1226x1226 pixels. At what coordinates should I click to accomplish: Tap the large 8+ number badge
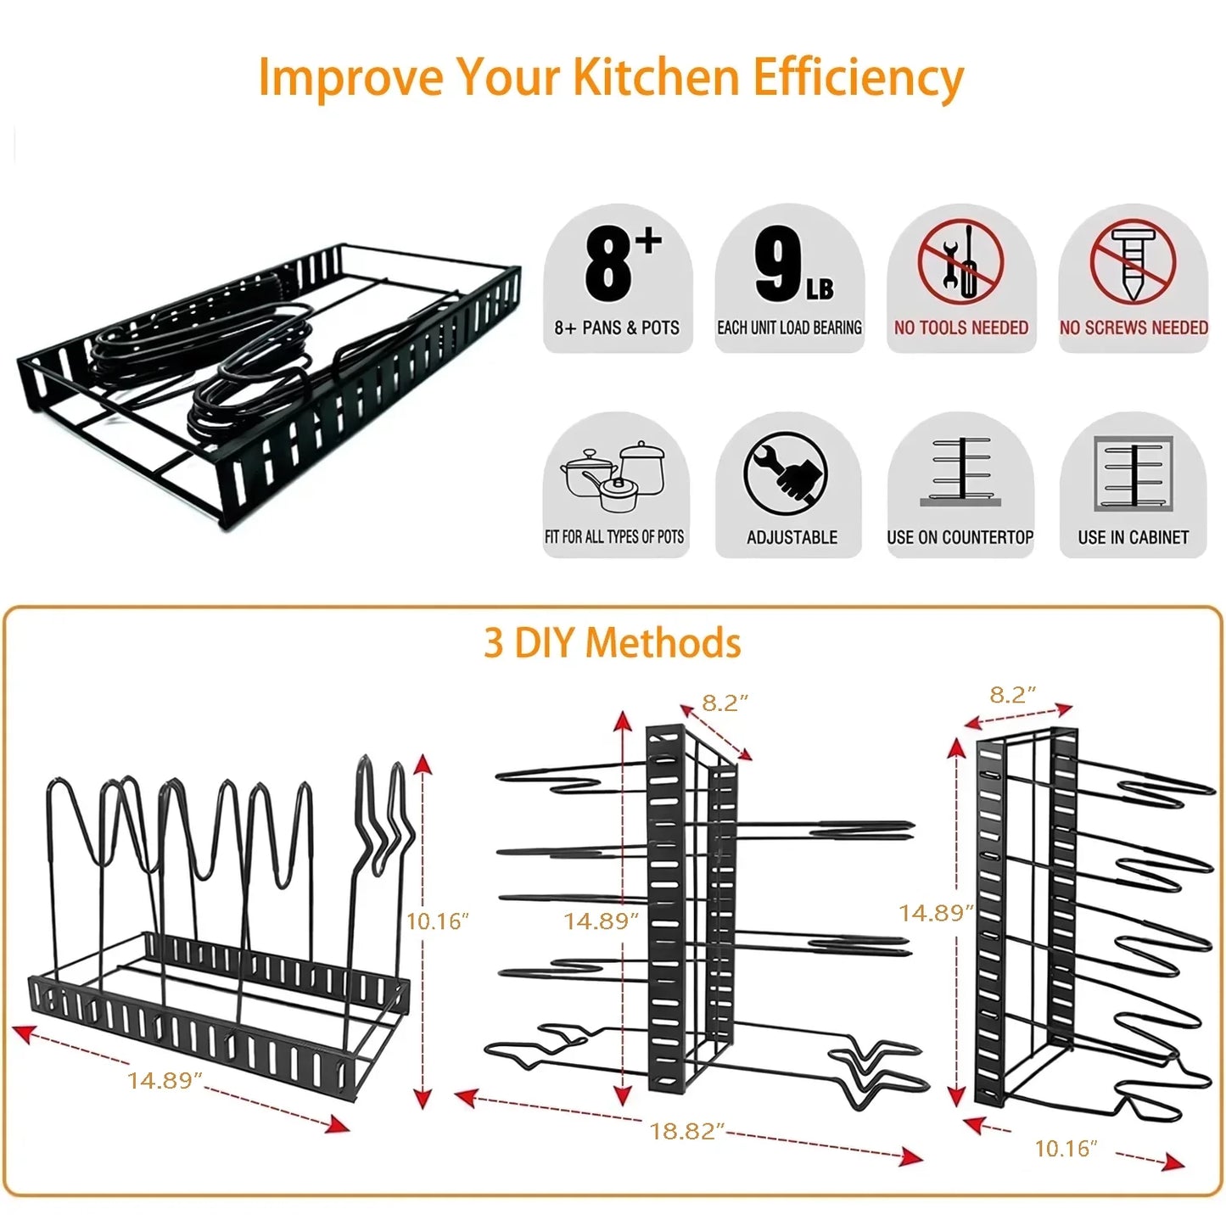(x=619, y=263)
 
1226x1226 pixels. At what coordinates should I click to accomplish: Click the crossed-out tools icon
(x=960, y=262)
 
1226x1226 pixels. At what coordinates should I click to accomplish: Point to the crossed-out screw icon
(x=1133, y=262)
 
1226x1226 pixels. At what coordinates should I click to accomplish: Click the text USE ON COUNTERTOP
(x=960, y=538)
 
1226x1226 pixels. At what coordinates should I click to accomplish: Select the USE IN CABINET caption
(x=1133, y=538)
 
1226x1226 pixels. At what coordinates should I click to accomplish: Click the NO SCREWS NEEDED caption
(x=1134, y=328)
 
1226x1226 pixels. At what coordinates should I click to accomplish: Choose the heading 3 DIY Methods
(x=612, y=643)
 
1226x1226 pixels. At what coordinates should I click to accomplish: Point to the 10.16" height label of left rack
(x=437, y=921)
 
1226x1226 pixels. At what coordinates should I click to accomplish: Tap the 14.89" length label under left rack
(x=165, y=1080)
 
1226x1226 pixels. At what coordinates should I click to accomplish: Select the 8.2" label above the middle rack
(x=725, y=703)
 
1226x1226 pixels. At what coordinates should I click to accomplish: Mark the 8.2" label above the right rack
(x=1013, y=695)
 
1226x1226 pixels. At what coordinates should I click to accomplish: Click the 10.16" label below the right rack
(x=1066, y=1149)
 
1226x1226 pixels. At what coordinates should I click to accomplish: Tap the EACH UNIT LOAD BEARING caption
(x=789, y=328)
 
